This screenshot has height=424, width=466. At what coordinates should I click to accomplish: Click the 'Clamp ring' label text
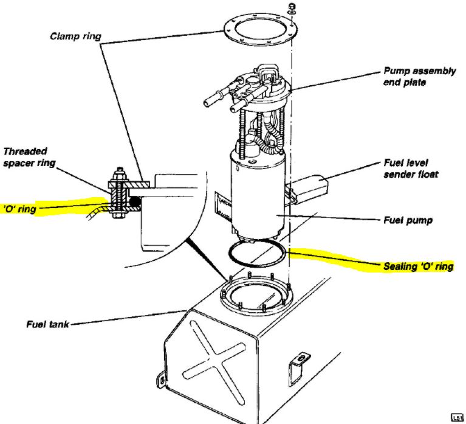click(75, 36)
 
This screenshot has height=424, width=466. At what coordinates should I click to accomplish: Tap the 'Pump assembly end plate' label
click(419, 77)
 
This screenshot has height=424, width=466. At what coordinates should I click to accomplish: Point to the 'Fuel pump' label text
click(408, 220)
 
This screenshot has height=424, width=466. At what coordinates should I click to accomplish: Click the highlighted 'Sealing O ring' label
click(419, 266)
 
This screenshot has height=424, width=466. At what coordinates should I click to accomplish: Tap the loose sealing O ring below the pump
click(256, 253)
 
